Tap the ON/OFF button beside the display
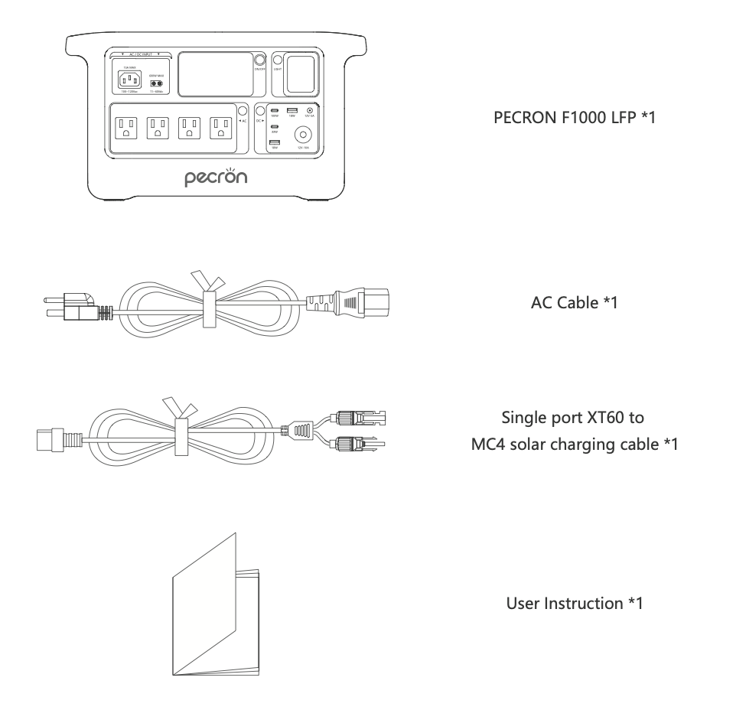pos(259,60)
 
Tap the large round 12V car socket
pos(311,131)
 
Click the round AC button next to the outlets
pos(244,112)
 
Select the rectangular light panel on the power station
pos(299,73)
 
